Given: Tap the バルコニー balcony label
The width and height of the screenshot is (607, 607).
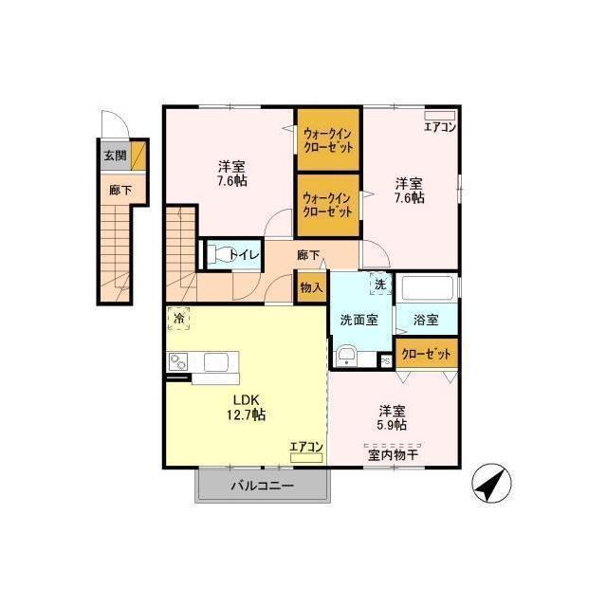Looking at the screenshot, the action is click(263, 486).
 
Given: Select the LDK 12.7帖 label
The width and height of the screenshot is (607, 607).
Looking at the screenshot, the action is click(246, 407).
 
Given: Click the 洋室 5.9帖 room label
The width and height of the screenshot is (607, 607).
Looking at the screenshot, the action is click(392, 417).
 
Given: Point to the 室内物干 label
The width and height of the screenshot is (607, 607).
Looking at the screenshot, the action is click(393, 455).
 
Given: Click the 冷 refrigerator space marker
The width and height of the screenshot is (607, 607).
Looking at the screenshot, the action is click(178, 319).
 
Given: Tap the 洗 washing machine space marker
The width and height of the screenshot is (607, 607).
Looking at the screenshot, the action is click(380, 285).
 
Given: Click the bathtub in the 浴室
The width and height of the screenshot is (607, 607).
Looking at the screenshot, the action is click(428, 287).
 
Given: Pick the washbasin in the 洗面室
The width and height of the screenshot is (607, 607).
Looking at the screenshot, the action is click(346, 356).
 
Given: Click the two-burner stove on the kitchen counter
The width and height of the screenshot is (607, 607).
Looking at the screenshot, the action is click(177, 361).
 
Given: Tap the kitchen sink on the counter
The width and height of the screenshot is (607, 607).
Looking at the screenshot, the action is click(216, 362).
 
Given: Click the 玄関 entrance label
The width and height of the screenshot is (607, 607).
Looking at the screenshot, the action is click(116, 156).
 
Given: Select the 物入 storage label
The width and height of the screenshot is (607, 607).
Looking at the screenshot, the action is click(311, 287).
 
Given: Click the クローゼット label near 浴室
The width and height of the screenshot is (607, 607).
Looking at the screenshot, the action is click(426, 354).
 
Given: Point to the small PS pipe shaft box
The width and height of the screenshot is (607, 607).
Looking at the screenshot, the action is click(386, 360).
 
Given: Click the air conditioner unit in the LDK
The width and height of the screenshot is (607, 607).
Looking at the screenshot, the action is click(306, 458).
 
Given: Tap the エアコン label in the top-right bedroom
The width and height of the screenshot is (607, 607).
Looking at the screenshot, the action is click(440, 127).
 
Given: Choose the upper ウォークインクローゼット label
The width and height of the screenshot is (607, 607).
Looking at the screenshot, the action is click(328, 140).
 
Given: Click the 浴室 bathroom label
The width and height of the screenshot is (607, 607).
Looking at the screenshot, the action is click(426, 321).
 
